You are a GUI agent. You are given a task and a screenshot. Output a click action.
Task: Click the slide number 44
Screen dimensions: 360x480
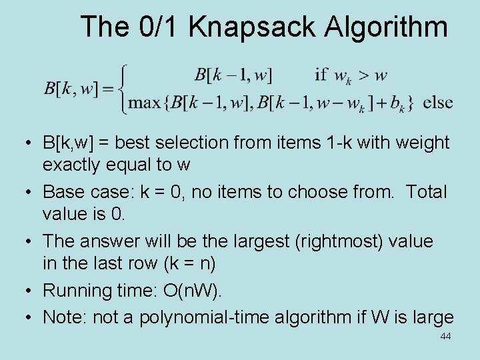click(445, 337)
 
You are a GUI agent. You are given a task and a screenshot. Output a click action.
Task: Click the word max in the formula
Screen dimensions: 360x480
click(145, 103)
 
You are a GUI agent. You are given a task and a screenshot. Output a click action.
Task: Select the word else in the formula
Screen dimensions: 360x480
click(438, 103)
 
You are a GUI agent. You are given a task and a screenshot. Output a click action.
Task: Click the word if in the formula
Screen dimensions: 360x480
click(321, 75)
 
